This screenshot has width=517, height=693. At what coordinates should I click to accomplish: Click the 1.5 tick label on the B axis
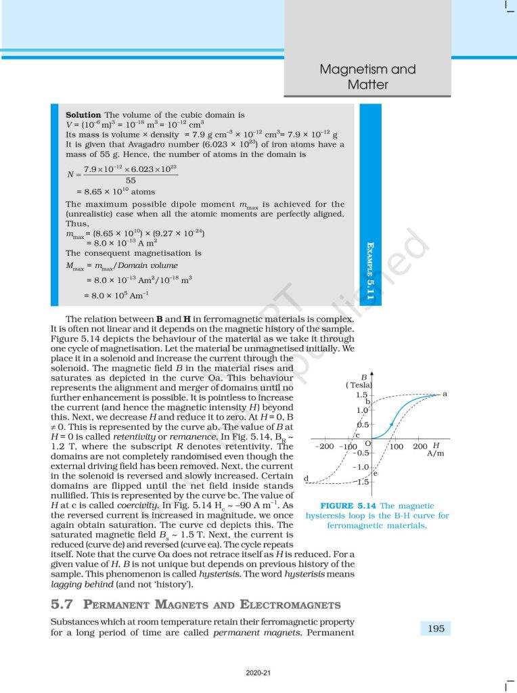[x=361, y=395]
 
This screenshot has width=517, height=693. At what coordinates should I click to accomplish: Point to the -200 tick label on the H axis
[x=325, y=447]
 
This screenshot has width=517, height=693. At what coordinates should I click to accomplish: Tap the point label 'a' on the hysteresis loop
[x=445, y=393]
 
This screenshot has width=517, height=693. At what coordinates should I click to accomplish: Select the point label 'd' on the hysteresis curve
[x=306, y=479]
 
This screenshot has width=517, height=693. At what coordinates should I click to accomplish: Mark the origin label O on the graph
[x=367, y=443]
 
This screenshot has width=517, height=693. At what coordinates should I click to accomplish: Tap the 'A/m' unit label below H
[x=435, y=454]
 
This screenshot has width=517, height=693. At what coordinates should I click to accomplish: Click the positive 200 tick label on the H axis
[x=420, y=447]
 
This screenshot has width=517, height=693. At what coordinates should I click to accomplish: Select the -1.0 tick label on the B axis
[x=360, y=467]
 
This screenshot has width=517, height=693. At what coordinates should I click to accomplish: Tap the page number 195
[x=436, y=629]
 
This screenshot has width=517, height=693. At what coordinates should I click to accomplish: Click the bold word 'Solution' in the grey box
[x=83, y=115]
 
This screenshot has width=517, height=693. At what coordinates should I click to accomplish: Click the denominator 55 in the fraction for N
[x=131, y=181]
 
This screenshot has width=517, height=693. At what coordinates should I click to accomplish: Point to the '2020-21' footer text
[x=258, y=672]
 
